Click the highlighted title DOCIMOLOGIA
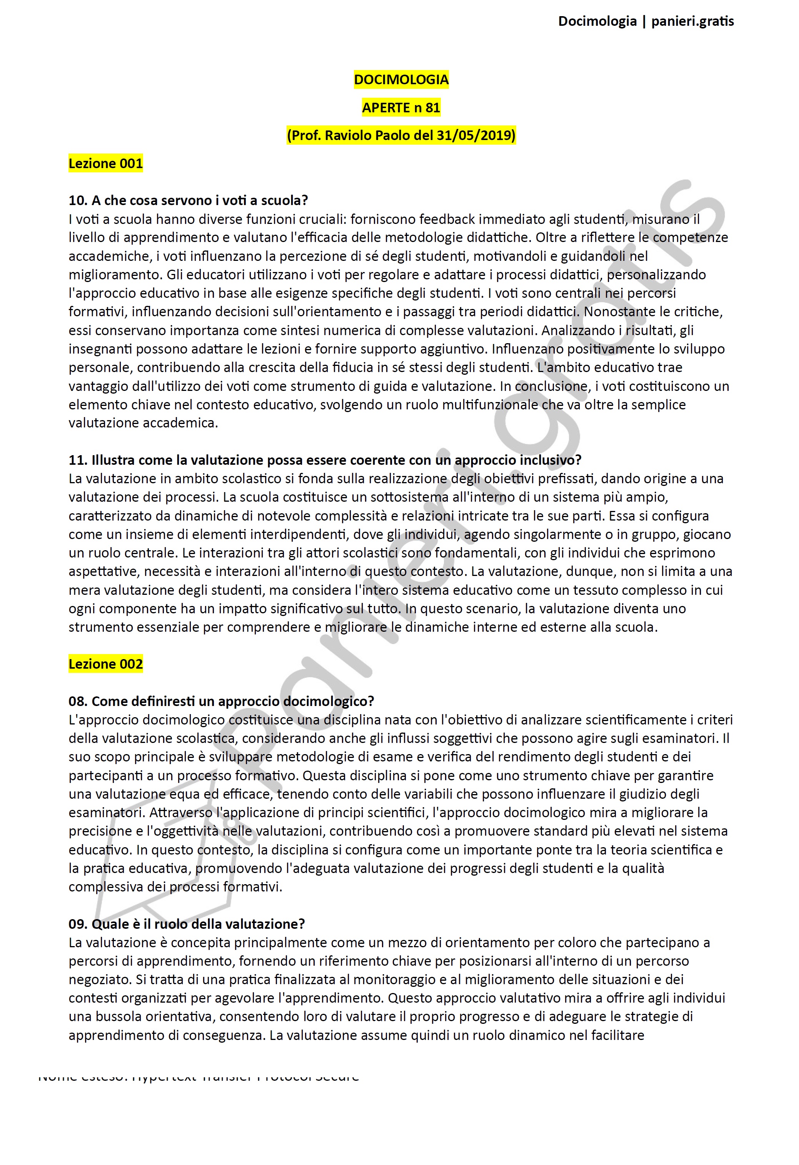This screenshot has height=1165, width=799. click(x=401, y=80)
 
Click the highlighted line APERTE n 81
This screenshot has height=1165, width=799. click(x=401, y=108)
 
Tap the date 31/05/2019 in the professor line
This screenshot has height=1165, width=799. click(x=475, y=135)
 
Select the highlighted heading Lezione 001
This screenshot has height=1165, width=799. click(x=106, y=164)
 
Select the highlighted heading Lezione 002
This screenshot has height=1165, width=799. click(x=106, y=664)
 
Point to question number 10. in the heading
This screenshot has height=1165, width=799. click(x=78, y=200)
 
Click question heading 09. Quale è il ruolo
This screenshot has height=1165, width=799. click(x=187, y=924)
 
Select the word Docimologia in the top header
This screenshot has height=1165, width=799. click(x=597, y=21)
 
